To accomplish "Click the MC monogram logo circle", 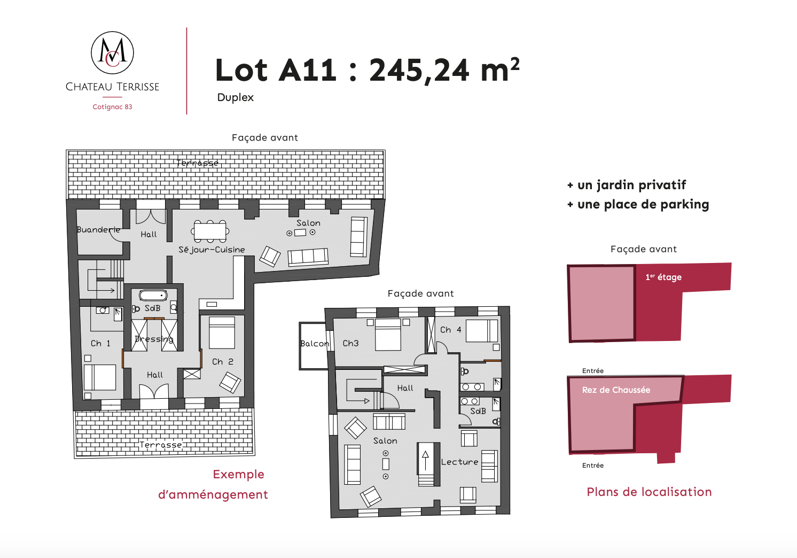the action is click(x=112, y=53).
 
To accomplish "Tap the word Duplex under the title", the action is click(x=235, y=98).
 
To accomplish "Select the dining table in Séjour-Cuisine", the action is click(x=210, y=231).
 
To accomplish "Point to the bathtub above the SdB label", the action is click(x=153, y=295).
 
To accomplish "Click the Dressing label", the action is click(x=154, y=339).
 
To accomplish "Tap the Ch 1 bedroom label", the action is click(x=100, y=343).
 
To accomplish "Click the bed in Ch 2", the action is click(x=222, y=332).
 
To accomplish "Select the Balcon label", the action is click(x=314, y=344).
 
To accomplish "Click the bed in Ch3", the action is click(x=388, y=335).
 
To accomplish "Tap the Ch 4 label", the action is click(x=450, y=330).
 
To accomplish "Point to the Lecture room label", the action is click(x=459, y=462).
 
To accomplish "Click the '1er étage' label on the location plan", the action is click(x=663, y=277).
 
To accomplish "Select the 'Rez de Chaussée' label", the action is click(x=616, y=390).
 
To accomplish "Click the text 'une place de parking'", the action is click(x=643, y=204).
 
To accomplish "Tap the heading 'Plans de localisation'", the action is click(x=649, y=492).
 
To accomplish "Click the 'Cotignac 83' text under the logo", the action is click(x=112, y=107).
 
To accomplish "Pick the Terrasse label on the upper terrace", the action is click(x=198, y=163).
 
